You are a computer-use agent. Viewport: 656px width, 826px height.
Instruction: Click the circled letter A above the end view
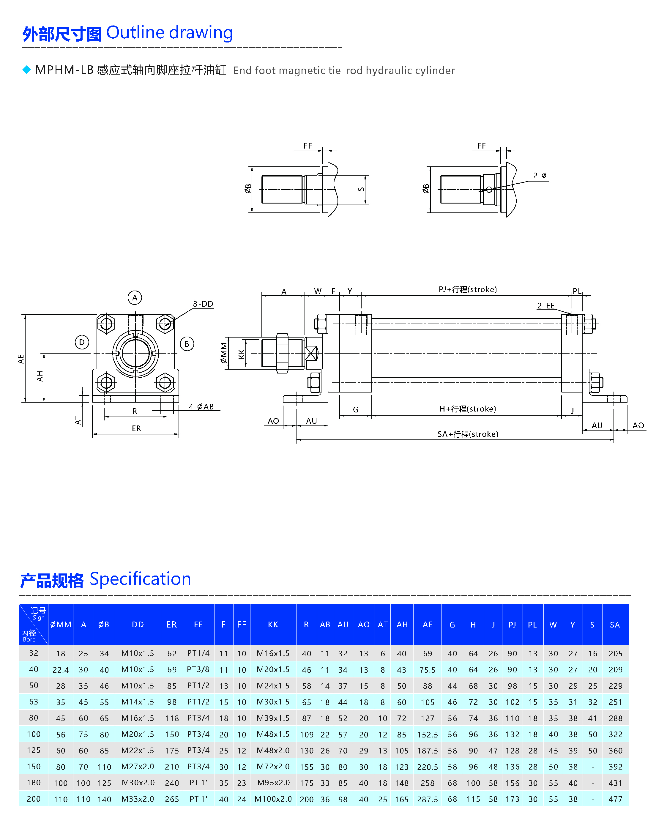(x=135, y=298)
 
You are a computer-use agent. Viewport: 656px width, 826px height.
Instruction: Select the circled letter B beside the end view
(x=187, y=344)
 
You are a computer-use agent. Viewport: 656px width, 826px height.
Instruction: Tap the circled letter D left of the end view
(x=82, y=342)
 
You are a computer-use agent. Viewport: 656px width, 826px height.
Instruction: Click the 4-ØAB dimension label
(x=201, y=406)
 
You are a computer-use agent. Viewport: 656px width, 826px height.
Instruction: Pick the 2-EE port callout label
(x=546, y=305)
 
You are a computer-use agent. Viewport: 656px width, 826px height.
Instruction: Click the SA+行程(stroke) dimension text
(x=468, y=434)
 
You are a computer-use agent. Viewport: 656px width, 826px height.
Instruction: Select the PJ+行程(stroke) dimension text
(x=467, y=289)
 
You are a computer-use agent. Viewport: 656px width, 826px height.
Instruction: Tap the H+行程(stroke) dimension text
(x=467, y=409)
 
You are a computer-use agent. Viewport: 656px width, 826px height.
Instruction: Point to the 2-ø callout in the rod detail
(x=540, y=176)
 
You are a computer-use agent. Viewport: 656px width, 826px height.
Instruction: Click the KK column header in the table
(x=273, y=625)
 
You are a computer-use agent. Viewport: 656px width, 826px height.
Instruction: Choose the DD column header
(x=138, y=625)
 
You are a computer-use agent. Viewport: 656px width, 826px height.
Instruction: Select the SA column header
(x=615, y=625)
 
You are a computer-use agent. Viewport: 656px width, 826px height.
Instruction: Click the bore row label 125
(x=34, y=750)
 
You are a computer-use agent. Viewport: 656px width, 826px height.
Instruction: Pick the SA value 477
(x=615, y=799)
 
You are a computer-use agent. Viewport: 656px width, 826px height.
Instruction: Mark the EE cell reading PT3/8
(x=198, y=669)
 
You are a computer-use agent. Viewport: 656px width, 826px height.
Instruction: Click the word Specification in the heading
(x=140, y=578)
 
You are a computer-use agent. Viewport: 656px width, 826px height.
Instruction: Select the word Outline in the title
(x=135, y=33)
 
